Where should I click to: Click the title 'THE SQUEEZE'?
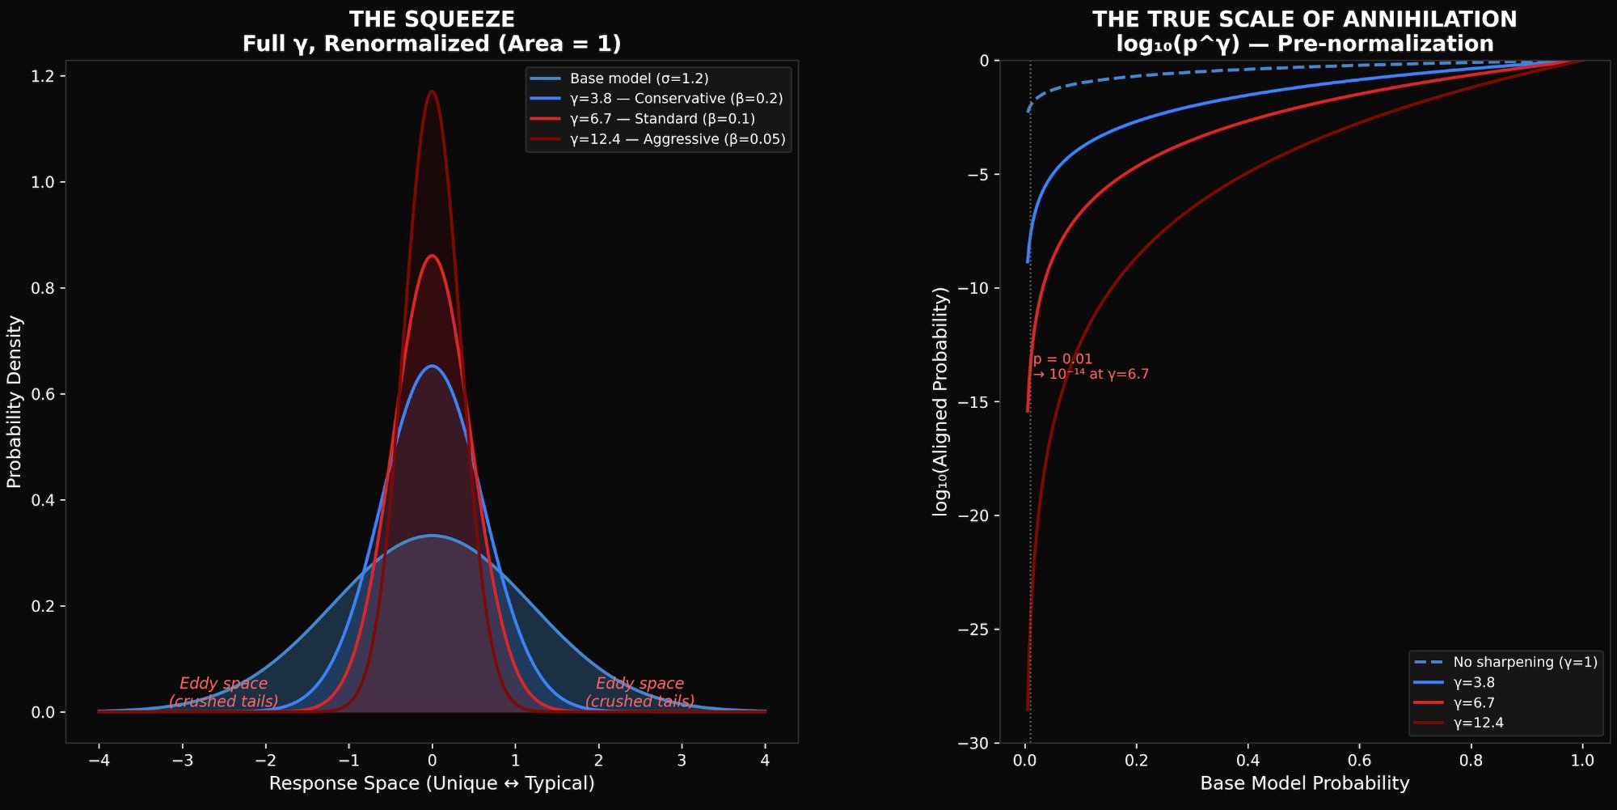432,19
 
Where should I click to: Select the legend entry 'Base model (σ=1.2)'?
639,78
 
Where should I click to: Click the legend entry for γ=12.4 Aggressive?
677,139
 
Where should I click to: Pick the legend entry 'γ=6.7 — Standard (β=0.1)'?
662,119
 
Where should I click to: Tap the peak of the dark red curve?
432,91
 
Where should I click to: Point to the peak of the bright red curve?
432,257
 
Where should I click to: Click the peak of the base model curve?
432,536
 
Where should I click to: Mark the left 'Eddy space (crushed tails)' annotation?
224,692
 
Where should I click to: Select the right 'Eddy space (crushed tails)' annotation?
640,692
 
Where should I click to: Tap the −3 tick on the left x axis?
182,760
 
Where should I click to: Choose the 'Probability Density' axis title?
15,401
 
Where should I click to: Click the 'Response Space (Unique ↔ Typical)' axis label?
432,783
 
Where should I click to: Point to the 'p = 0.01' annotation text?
1063,359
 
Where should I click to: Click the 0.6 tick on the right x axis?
1359,760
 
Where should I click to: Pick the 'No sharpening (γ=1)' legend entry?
1525,662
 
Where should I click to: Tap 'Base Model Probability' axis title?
1304,783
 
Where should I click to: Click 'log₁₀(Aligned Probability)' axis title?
940,401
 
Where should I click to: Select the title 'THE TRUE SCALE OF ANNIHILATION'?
1304,19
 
